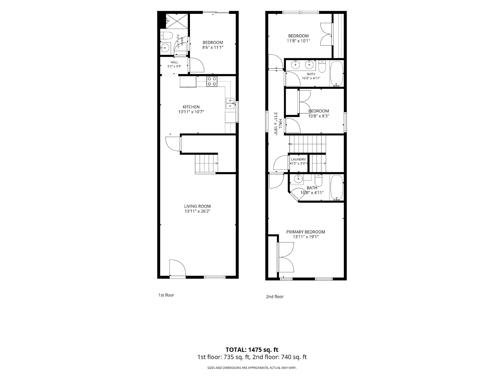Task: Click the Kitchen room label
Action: [191, 107]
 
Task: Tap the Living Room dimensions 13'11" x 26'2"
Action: [197, 211]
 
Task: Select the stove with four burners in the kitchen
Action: [212, 82]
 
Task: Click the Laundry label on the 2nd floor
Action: [298, 159]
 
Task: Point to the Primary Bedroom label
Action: [306, 232]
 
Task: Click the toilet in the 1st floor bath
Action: [166, 36]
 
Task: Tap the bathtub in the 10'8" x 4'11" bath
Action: [337, 74]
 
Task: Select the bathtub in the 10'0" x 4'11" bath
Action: [337, 188]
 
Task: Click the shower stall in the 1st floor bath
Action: [177, 21]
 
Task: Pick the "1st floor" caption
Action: [166, 295]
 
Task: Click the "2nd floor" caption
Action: [275, 296]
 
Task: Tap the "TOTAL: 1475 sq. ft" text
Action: [252, 350]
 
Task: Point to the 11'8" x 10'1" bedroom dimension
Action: [299, 41]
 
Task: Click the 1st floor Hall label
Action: [174, 62]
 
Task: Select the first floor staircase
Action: [206, 164]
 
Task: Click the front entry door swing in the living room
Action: [177, 268]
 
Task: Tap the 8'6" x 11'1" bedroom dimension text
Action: [213, 48]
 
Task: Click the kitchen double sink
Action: [230, 103]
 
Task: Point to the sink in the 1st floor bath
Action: [165, 48]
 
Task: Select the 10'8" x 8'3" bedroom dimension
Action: [318, 116]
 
